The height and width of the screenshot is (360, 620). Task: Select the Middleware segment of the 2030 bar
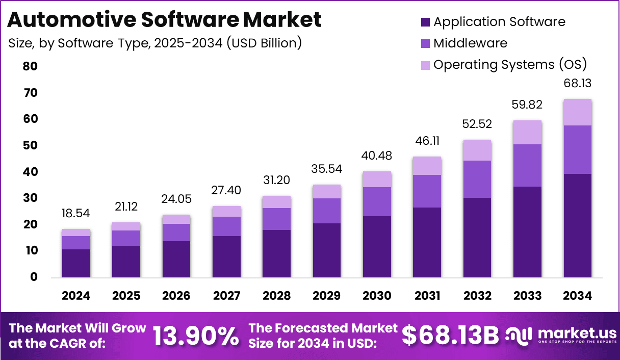[x=377, y=202]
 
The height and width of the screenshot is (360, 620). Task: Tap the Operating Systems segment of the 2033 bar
[x=527, y=133]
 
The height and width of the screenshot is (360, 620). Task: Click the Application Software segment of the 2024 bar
[x=76, y=263]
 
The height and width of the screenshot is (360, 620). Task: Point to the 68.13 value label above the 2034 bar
[x=577, y=83]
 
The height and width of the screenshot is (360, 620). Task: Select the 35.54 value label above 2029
[x=327, y=169]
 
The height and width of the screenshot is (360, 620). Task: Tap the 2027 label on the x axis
[x=226, y=296]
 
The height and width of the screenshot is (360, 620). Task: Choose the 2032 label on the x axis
[x=477, y=296]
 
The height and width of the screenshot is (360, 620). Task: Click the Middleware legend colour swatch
[x=426, y=44]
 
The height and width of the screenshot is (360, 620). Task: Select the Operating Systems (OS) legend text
[x=510, y=65]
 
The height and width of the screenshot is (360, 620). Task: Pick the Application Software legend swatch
[x=426, y=22]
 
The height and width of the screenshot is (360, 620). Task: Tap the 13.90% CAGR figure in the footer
[x=196, y=336]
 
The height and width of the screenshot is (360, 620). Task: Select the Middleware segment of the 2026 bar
[x=176, y=233]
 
